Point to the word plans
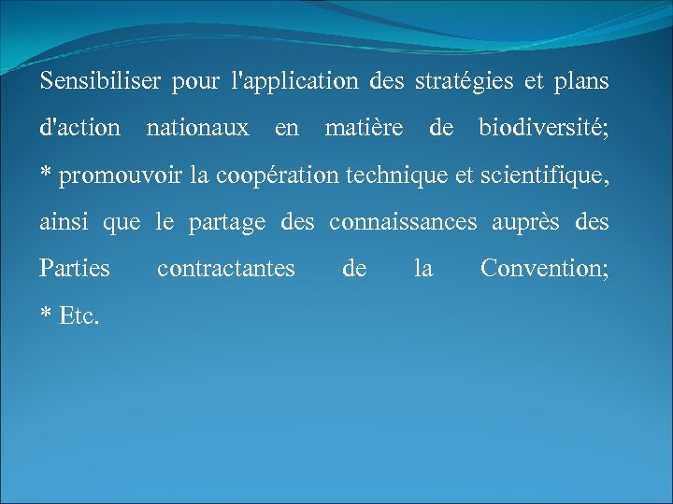[582, 81]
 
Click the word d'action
[79, 128]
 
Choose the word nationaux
[197, 128]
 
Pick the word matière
[364, 128]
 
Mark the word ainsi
[63, 222]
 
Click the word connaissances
[403, 222]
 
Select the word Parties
[75, 269]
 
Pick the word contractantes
[225, 269]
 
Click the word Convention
[543, 269]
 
